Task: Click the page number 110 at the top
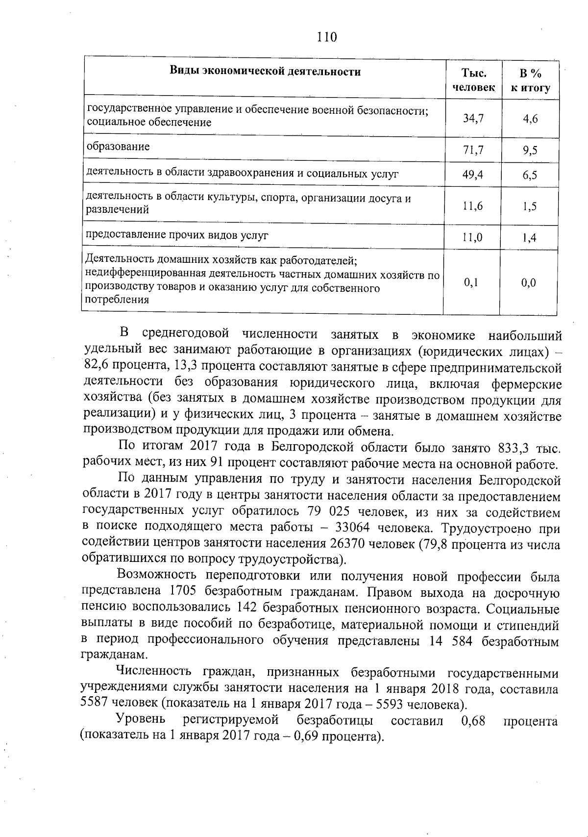point(327,37)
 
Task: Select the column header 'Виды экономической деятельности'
point(265,72)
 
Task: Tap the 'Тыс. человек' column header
point(473,80)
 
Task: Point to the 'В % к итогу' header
point(530,80)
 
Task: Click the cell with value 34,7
point(473,118)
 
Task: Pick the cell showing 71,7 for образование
point(473,150)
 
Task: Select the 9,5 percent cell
point(530,151)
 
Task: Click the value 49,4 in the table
point(473,174)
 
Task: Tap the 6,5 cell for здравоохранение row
point(530,175)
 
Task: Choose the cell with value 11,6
point(473,206)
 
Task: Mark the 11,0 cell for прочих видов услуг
point(473,238)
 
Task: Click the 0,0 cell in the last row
point(529,282)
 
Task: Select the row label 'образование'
point(118,147)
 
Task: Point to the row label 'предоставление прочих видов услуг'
point(177,235)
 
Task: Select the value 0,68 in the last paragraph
point(473,720)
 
